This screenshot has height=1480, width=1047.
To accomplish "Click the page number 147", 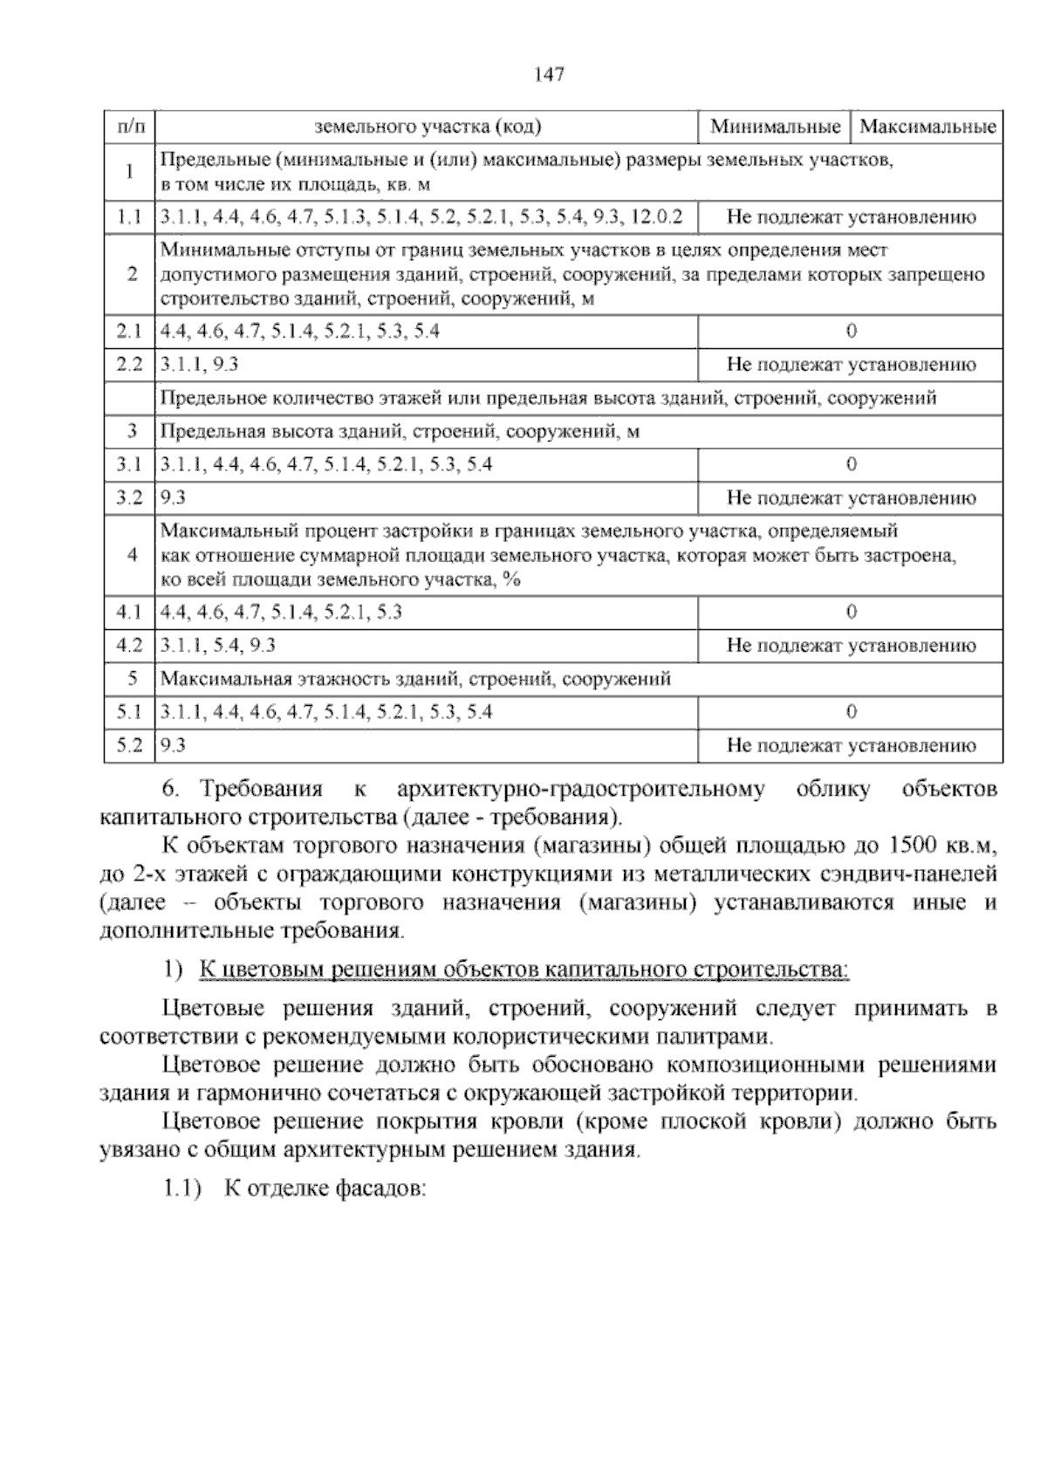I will point(550,74).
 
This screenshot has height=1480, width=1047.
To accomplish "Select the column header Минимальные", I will point(775,127).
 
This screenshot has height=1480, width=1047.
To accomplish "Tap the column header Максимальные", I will point(927,127).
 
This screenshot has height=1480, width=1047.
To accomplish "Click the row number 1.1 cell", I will point(129,216).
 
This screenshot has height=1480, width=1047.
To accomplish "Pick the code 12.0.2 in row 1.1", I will point(656,216).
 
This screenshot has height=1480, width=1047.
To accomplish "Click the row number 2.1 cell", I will point(129,331).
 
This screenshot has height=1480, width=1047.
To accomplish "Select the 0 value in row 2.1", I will point(852,331).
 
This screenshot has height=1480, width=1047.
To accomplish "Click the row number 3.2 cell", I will point(129,498).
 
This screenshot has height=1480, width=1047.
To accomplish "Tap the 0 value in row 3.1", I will point(852,464).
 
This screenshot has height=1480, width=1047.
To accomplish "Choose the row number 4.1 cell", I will point(129,612).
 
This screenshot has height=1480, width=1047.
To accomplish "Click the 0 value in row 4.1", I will point(852,612).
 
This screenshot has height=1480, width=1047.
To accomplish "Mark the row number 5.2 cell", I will point(129,745).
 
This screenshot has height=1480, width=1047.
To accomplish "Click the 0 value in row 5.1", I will point(852,712).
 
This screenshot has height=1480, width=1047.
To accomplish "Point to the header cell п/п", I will point(129,127).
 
